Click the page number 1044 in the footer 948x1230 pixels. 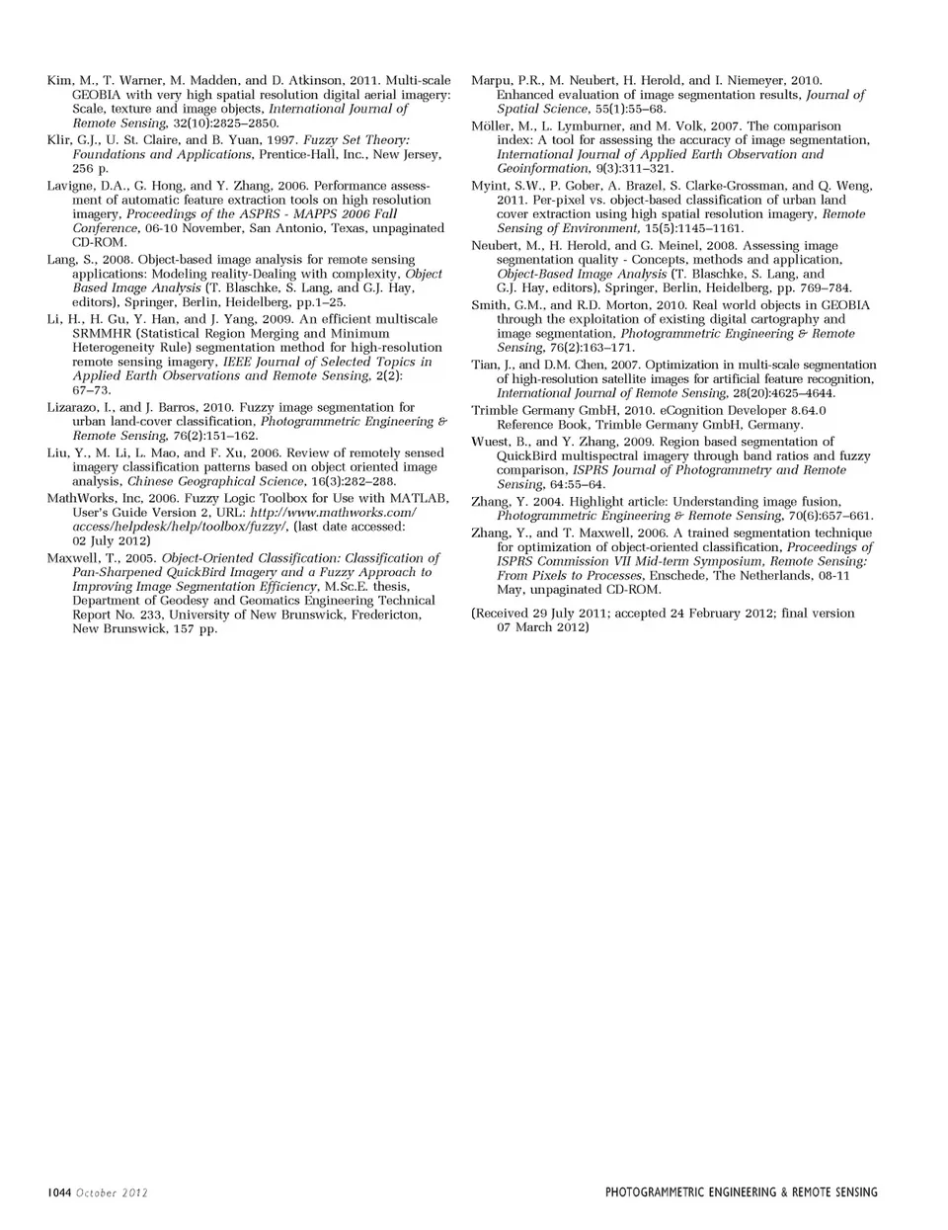coord(59,1192)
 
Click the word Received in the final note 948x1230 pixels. coord(506,614)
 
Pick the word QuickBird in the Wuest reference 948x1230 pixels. coord(527,456)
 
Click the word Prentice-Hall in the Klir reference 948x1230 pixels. coord(299,155)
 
